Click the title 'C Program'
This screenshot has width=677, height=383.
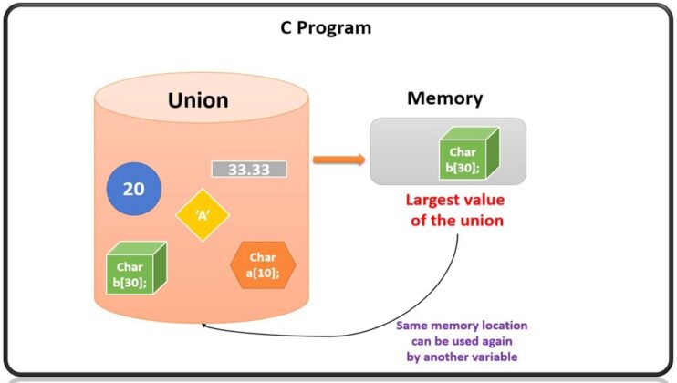click(x=326, y=27)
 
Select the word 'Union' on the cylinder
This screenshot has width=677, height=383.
click(x=198, y=99)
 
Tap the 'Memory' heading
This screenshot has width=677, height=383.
click(x=444, y=98)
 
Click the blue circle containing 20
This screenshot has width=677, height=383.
click(x=133, y=190)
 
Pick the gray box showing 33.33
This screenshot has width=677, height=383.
click(x=249, y=170)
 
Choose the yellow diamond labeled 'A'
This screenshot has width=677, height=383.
click(x=203, y=215)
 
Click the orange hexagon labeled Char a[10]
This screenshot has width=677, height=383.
click(x=263, y=264)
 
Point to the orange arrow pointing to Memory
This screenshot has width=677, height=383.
click(x=338, y=160)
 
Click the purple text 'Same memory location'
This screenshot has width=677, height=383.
click(x=462, y=326)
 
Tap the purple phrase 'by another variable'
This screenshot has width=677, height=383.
click(x=462, y=357)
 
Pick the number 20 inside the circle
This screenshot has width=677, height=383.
click(x=133, y=190)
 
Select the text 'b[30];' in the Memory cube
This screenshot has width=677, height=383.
click(x=462, y=167)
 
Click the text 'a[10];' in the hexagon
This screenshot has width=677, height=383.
click(x=263, y=272)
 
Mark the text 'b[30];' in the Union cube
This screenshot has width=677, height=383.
click(x=130, y=282)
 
